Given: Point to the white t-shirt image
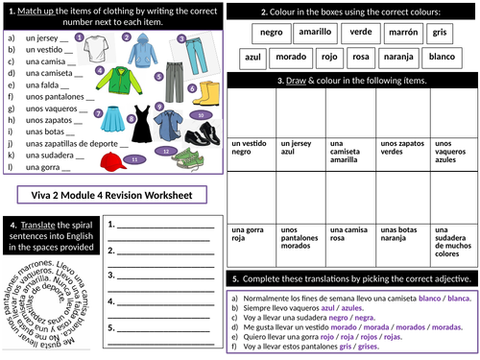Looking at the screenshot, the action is pos(105,44).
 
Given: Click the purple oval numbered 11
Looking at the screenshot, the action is pos(135,157).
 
